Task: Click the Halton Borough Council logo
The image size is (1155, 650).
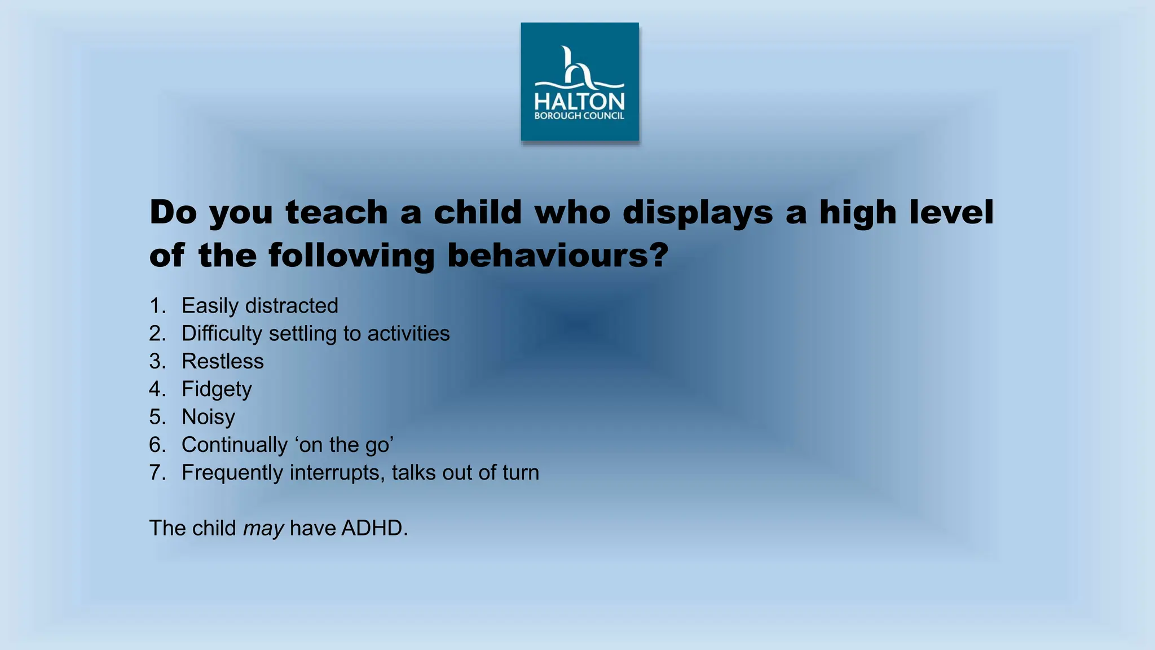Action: click(x=579, y=82)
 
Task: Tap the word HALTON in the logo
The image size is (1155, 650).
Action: click(x=579, y=102)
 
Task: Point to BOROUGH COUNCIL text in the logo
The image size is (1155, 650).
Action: click(x=579, y=116)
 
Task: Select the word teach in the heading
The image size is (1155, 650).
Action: click(x=337, y=212)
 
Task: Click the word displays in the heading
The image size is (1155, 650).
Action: click(x=698, y=213)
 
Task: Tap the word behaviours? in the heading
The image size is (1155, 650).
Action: click(x=557, y=255)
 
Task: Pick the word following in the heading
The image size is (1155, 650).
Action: click(x=350, y=256)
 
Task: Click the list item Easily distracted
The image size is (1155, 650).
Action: click(x=259, y=306)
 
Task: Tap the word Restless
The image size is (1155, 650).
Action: click(x=222, y=361)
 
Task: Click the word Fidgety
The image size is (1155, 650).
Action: click(x=216, y=389)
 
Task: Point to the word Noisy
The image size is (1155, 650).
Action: click(x=208, y=417)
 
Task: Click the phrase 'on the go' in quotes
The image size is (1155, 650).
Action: click(x=343, y=445)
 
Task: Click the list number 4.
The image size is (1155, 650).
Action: click(x=156, y=389)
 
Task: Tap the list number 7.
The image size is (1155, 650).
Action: click(x=156, y=473)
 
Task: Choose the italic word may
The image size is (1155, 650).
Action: click(x=263, y=529)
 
